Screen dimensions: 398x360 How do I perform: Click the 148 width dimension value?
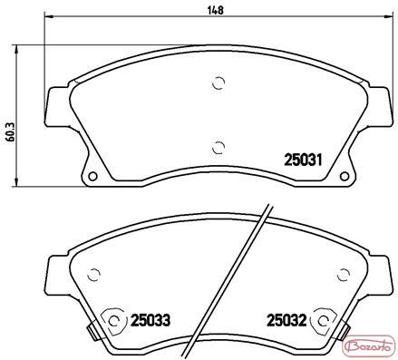click(216, 10)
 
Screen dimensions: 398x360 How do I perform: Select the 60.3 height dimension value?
click(11, 132)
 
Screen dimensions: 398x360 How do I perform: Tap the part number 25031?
click(303, 160)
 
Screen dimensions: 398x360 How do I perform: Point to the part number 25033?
click(150, 320)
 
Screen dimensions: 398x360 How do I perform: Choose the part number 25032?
click(286, 320)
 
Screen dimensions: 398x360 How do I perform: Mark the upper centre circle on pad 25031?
click(218, 83)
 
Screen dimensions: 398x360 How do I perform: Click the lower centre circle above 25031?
click(218, 148)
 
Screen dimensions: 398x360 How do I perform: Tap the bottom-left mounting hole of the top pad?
click(92, 176)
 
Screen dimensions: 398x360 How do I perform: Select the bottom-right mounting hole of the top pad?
click(345, 176)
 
